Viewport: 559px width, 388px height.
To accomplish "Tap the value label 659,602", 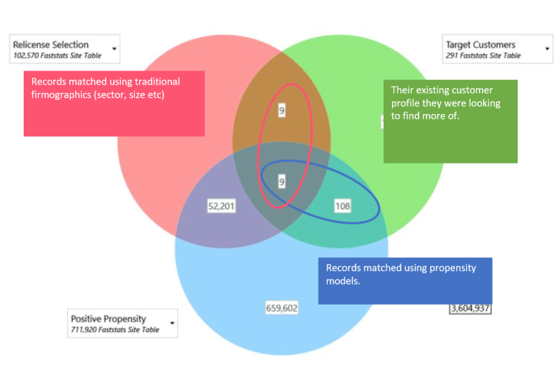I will pos(282,308).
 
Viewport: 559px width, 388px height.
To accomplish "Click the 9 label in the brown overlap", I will pos(281,110).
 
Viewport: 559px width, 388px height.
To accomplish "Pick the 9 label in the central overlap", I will pos(282,182).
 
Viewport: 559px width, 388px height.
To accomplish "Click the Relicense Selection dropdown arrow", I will pos(113,50).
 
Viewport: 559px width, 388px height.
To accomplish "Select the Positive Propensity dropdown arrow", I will pos(171,324).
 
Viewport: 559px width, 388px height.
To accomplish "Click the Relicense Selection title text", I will pos(51,45).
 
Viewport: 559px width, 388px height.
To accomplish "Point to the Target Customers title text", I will pos(481,45).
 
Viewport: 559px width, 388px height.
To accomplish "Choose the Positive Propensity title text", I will pos(108,319).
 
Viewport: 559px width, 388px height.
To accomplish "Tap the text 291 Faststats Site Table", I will pos(483,55).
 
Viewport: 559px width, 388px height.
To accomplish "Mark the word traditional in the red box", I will pos(156,82).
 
